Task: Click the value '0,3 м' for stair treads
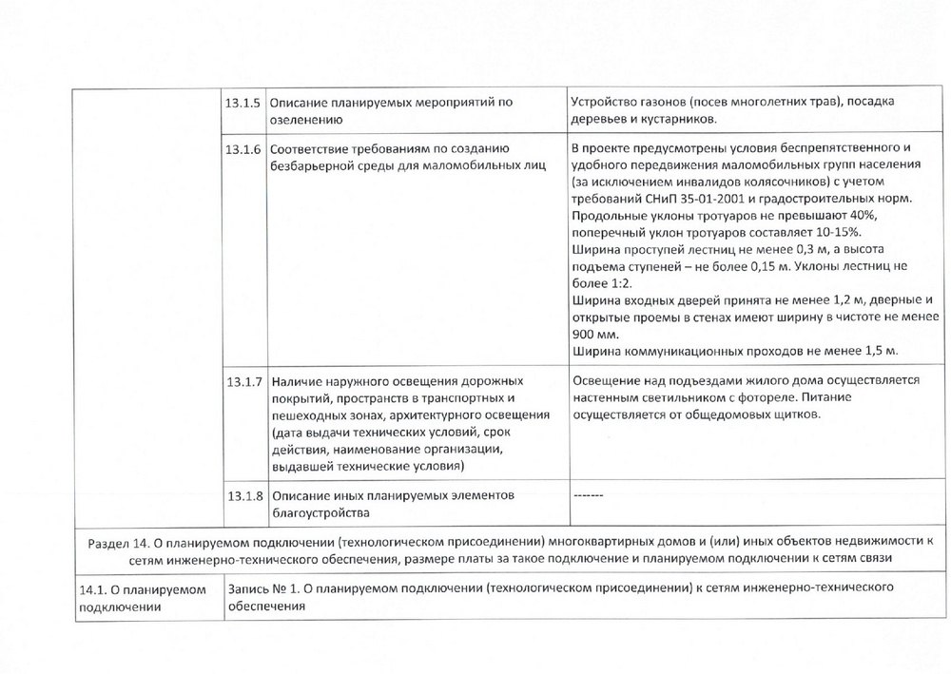pyautogui.click(x=772, y=249)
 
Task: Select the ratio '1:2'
pyautogui.click(x=618, y=283)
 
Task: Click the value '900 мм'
pyautogui.click(x=594, y=335)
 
